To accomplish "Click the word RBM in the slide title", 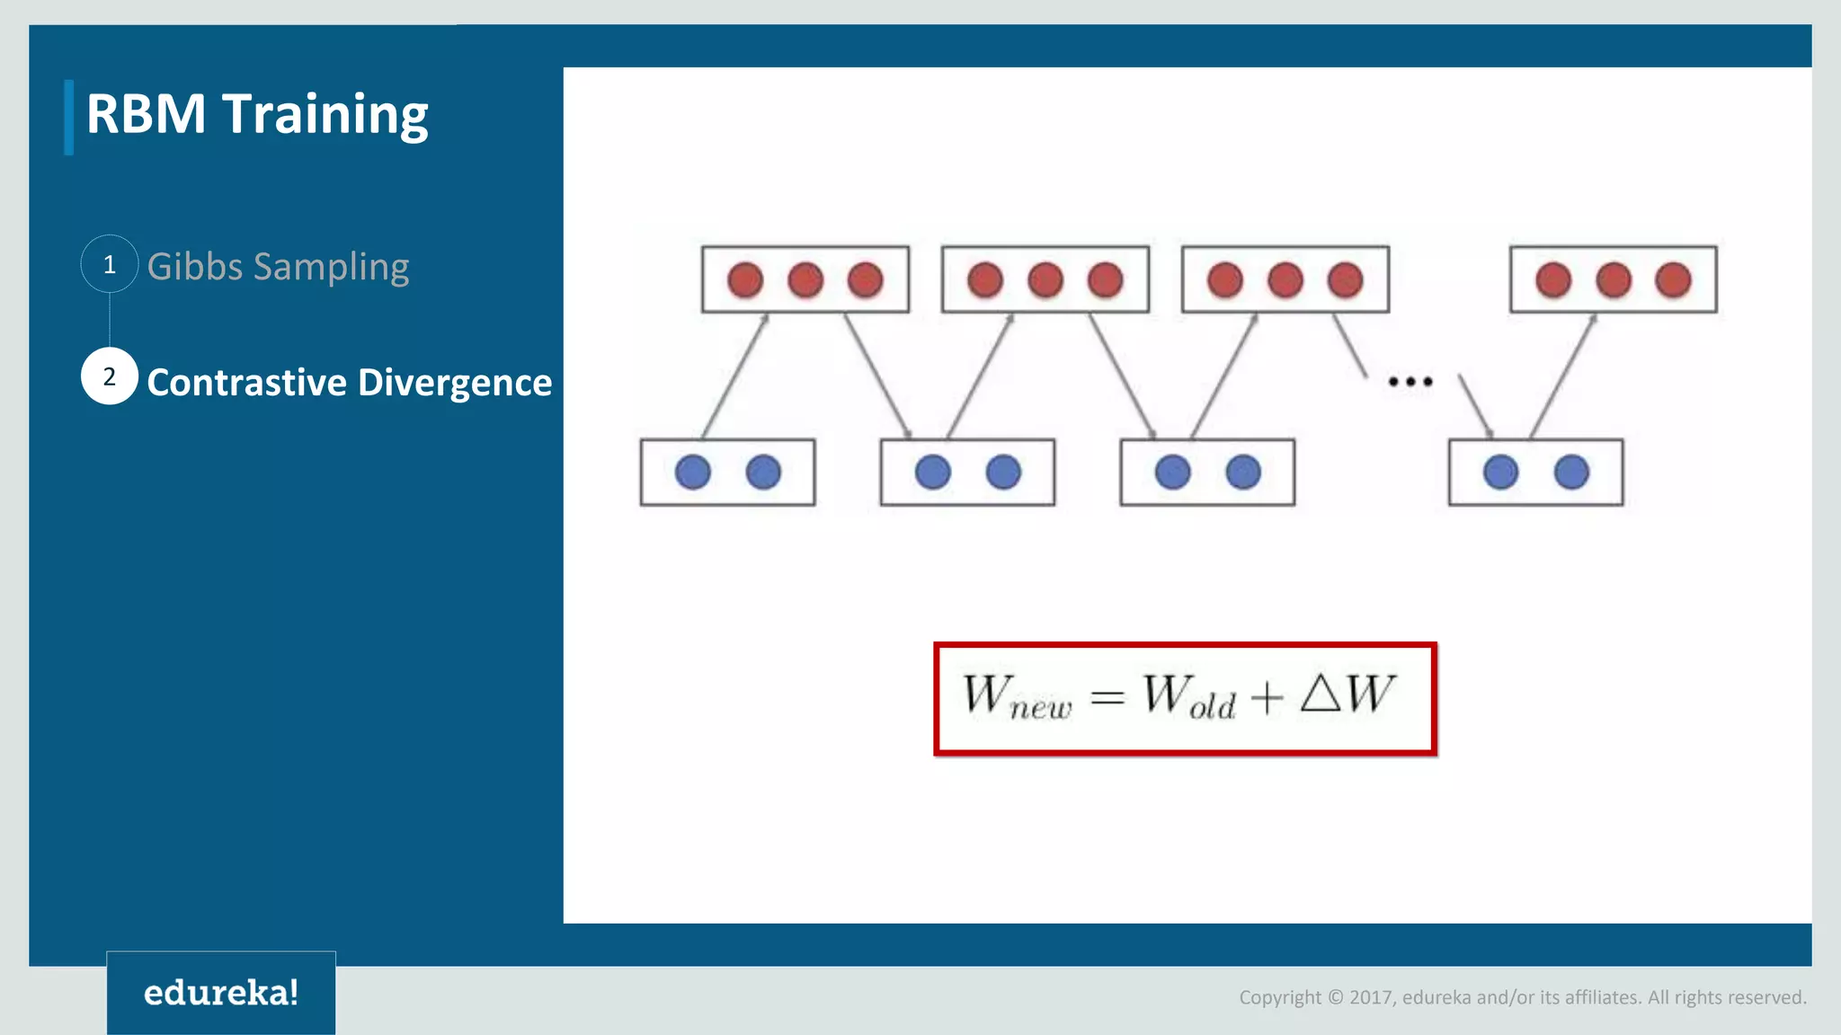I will [146, 115].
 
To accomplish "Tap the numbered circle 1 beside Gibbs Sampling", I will [110, 264].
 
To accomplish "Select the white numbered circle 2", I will [110, 376].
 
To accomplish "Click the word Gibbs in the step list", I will [195, 267].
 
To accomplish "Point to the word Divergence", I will [455, 384].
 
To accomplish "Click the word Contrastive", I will [247, 383].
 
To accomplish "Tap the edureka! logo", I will [221, 993].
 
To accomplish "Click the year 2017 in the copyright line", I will [1370, 997].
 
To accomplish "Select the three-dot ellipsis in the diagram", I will [1410, 382].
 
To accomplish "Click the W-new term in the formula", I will [1016, 697].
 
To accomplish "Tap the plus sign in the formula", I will [1267, 698].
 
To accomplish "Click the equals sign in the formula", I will [1107, 698].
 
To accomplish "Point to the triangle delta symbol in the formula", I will [1320, 694].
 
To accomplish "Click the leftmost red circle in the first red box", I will [745, 280].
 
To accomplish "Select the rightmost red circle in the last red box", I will [1673, 280].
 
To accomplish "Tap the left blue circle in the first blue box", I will [692, 473].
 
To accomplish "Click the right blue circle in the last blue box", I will [1571, 473].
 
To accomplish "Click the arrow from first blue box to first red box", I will [735, 376].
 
